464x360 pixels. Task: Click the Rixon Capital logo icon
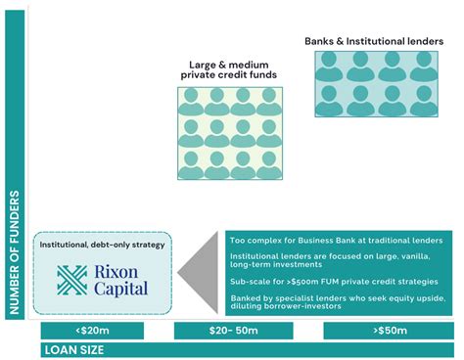click(x=72, y=280)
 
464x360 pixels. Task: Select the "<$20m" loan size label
click(x=92, y=331)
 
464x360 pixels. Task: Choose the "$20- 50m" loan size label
click(x=236, y=331)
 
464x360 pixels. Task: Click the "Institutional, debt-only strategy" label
click(x=103, y=244)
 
